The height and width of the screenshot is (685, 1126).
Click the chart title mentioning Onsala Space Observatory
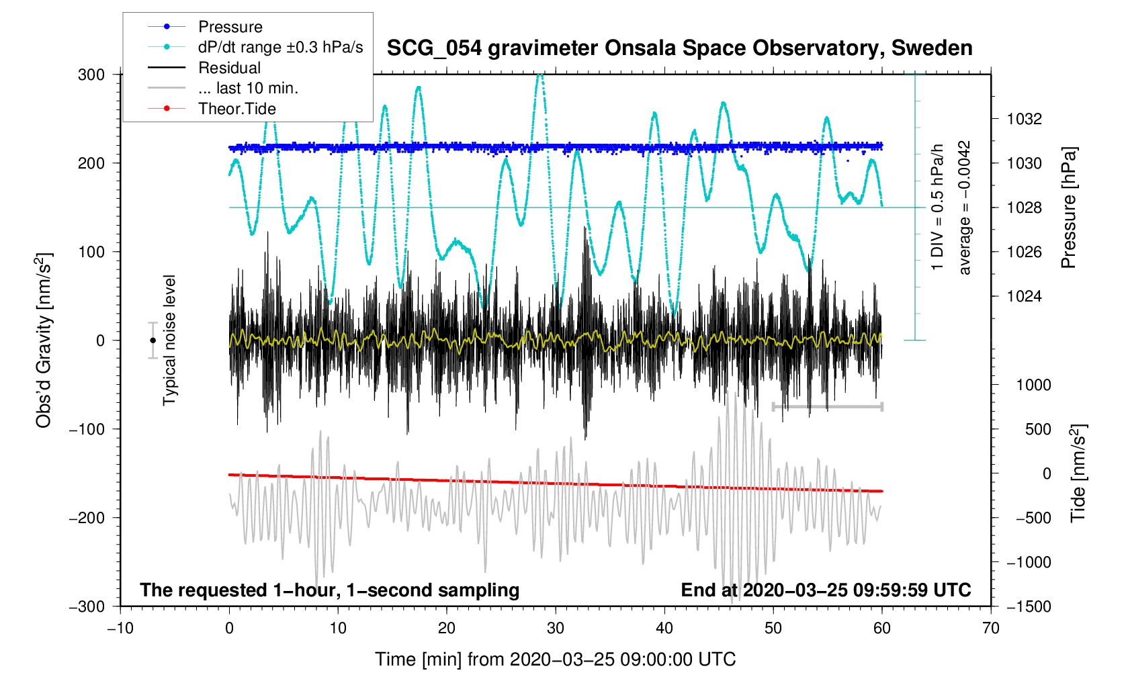click(x=679, y=48)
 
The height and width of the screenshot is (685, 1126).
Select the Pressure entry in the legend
click(x=230, y=27)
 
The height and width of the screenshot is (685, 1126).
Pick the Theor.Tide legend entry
click(x=236, y=109)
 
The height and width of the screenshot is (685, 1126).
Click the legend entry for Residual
click(x=229, y=68)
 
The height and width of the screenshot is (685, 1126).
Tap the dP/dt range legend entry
click(x=280, y=47)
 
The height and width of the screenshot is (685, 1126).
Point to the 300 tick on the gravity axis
click(x=91, y=75)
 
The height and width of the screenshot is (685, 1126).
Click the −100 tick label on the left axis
click(x=87, y=429)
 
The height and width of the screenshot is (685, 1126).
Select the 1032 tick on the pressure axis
click(x=1024, y=120)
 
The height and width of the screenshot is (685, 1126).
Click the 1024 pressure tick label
click(x=1024, y=296)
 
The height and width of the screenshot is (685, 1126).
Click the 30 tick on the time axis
click(x=556, y=629)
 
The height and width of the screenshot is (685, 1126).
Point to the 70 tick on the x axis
click(x=990, y=629)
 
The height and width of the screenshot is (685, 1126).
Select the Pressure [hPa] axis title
click(x=1068, y=208)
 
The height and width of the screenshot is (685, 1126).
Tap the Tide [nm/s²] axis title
click(x=1078, y=473)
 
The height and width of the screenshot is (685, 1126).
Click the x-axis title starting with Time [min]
click(x=555, y=659)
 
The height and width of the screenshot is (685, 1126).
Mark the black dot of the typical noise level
click(x=153, y=340)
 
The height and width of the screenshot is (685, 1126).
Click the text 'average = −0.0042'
click(x=965, y=208)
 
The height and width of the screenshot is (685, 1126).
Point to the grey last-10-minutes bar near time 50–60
click(x=828, y=406)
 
